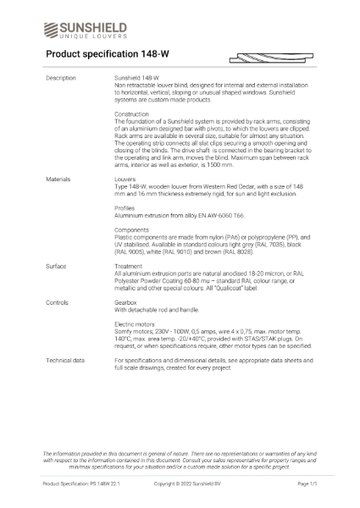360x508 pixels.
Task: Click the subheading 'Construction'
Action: click(131, 113)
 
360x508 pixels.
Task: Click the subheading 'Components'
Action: click(132, 229)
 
